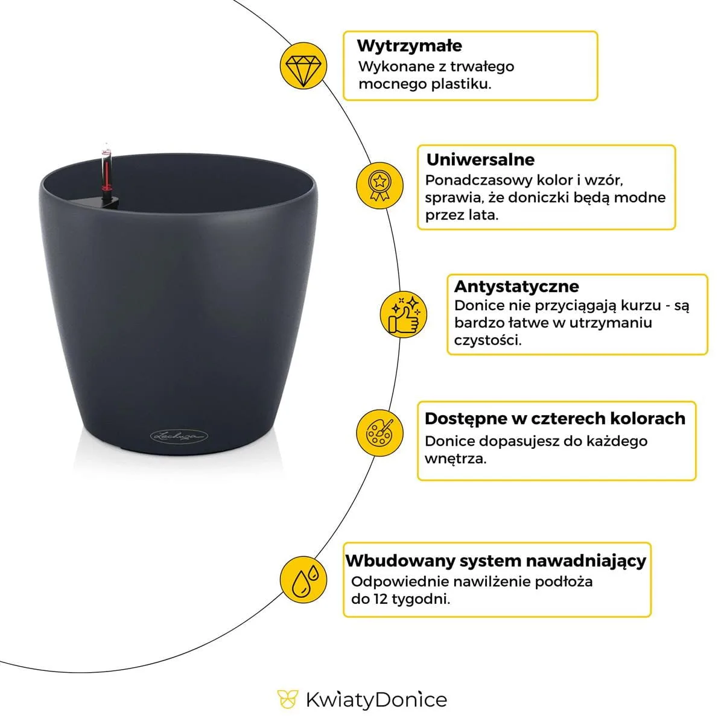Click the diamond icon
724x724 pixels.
pos(303,66)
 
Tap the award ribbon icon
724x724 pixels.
pos(379,185)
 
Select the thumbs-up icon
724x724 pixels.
pos(403,314)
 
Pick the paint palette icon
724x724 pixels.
pos(379,433)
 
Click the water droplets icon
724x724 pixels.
pos(303,580)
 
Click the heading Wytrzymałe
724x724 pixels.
pos(410,46)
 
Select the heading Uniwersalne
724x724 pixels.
pos(480,160)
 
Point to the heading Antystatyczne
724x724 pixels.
pos(516,287)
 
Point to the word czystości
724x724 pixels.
pos(487,340)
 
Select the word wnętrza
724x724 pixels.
pos(456,459)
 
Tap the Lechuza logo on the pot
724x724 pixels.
pos(179,436)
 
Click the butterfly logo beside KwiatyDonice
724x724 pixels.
pos(287,700)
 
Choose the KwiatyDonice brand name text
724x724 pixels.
pos(376,700)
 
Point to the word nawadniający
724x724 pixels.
pos(586,561)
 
